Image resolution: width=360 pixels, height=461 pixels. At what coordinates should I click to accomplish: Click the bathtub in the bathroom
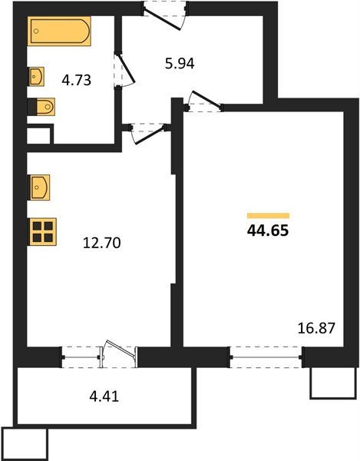coord(60,33)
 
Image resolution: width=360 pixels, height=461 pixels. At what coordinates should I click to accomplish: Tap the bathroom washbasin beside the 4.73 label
coord(37,76)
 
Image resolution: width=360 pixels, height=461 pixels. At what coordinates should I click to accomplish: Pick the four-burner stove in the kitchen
coord(42,231)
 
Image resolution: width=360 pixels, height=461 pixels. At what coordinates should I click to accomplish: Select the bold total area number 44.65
coord(268,230)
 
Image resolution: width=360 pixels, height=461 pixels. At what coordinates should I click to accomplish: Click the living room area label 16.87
coord(317,328)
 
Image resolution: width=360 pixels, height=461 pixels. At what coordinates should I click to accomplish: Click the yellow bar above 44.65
coord(268,215)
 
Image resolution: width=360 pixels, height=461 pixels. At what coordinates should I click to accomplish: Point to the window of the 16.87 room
coord(266,357)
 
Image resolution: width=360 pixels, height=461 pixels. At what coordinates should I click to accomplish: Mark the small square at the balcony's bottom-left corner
coord(25,443)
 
